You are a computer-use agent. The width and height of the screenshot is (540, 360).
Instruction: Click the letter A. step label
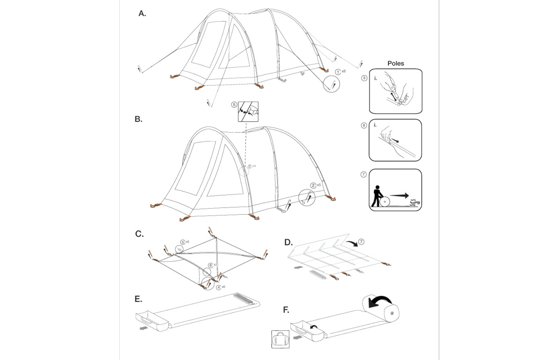pos(142,14)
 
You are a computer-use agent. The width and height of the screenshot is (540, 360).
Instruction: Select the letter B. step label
pos(138,119)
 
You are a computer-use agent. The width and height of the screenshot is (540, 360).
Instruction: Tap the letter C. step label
pos(139,234)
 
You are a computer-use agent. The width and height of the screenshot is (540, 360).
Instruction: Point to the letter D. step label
pos(288,242)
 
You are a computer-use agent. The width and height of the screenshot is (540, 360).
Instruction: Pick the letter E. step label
pos(138,299)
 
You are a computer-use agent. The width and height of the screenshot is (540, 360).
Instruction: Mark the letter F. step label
pos(286,310)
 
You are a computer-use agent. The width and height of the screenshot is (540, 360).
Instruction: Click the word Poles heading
pos(396,63)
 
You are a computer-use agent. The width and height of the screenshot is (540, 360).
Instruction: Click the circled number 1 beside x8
pos(338,72)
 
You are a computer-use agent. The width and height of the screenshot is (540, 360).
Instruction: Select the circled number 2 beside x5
pos(313,185)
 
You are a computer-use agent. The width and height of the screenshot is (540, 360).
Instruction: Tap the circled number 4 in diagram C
pos(218,288)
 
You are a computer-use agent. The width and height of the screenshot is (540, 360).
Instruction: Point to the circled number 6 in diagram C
pos(211,265)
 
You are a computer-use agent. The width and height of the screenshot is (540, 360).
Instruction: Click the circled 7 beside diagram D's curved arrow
pos(361,242)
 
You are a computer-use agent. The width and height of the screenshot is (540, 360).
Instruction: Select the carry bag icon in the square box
pos(280,339)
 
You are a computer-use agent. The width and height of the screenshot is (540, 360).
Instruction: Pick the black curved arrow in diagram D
pos(351,243)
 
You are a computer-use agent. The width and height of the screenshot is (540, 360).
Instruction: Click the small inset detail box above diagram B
pos(248,111)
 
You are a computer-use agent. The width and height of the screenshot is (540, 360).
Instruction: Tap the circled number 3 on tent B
pos(250,166)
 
